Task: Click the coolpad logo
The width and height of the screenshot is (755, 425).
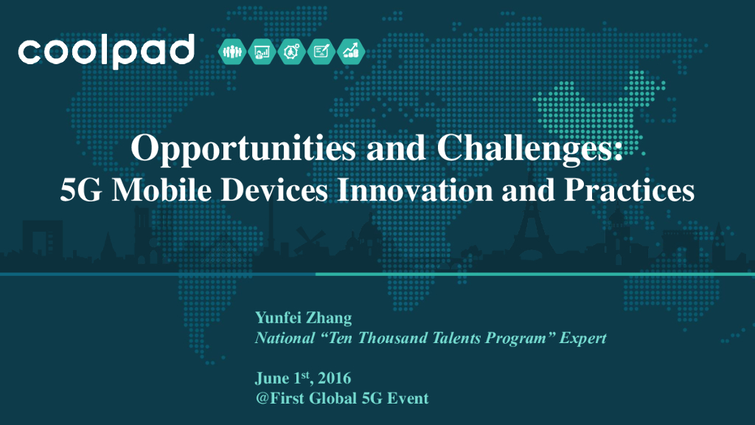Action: coord(106,51)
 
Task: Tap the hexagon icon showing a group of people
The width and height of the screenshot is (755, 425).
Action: coord(232,52)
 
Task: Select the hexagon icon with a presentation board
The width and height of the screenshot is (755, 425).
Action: coord(262,52)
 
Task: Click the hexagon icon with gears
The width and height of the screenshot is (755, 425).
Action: coord(292,52)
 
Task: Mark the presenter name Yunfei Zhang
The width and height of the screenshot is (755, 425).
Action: coord(303,319)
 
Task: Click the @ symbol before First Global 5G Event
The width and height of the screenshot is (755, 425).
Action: coord(260,398)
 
